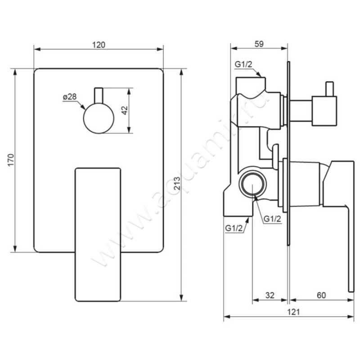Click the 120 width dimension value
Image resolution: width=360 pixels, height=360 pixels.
(x=99, y=45)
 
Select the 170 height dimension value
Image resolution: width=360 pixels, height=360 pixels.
(x=11, y=160)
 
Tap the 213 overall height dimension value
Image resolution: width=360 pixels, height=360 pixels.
(x=177, y=183)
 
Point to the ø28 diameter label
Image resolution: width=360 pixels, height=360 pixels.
(x=70, y=97)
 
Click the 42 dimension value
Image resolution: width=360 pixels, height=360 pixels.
(x=125, y=111)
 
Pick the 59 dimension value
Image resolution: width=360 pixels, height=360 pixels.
(x=259, y=44)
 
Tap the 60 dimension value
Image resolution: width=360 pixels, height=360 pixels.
(x=321, y=295)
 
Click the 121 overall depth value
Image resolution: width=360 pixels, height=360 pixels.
(x=293, y=312)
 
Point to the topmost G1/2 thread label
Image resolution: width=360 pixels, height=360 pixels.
(x=243, y=64)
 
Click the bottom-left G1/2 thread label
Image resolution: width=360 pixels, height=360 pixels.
(x=234, y=228)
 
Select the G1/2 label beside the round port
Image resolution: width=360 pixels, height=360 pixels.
(x=272, y=219)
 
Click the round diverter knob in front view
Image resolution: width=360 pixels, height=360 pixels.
(x=99, y=118)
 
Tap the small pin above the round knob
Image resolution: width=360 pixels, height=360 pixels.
(x=99, y=95)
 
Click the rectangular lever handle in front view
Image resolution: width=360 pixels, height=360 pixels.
(x=98, y=234)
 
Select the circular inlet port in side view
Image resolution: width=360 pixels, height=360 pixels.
(x=252, y=184)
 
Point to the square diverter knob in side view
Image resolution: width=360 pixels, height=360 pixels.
(x=324, y=111)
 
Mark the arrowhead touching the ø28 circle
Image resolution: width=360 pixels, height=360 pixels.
(x=83, y=107)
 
